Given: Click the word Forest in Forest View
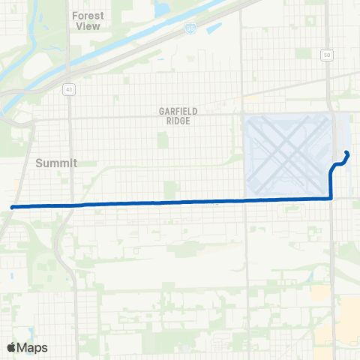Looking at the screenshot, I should coord(88,15).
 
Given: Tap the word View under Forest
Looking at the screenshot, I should coord(88,25).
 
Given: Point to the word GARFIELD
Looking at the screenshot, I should coord(178,111).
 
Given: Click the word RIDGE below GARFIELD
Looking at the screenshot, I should coord(178,120).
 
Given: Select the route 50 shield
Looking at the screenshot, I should coord(327,55).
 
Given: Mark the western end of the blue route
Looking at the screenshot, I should coord(12,206).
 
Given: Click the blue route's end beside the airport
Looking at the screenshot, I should coord(346,153).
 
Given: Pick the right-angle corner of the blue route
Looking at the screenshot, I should coord(331,198).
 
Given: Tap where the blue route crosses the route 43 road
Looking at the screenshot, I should coord(70,204).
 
